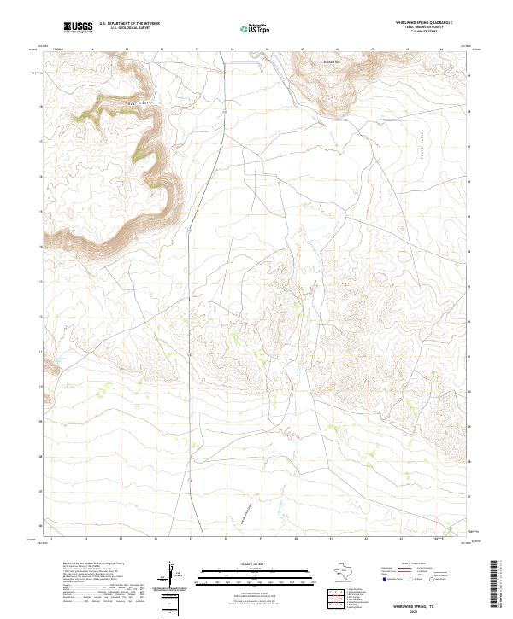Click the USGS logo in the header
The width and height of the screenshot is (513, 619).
click(x=77, y=28)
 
